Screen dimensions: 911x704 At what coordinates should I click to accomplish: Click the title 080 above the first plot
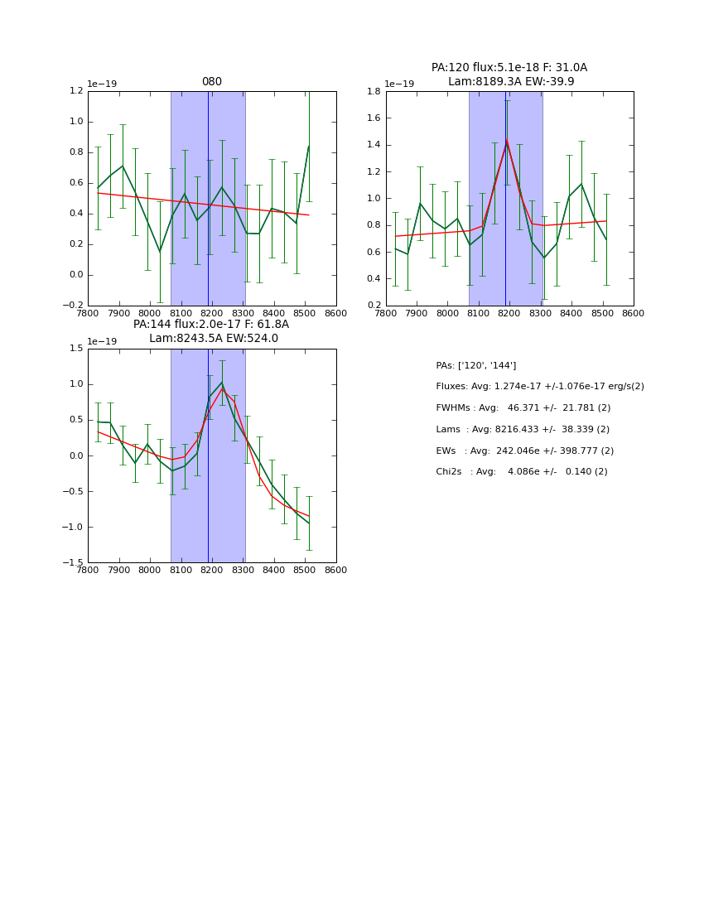[211, 82]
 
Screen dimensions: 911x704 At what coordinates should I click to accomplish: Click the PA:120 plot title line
[509, 68]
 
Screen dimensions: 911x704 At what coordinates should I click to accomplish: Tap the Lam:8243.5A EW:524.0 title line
[213, 339]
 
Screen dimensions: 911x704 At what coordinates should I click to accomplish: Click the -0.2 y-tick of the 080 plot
[73, 306]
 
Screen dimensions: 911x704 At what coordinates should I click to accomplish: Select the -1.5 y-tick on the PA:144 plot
[73, 563]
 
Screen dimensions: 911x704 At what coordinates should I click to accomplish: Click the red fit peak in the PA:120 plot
[506, 141]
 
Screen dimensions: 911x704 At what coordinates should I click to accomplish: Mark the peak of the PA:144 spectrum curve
[221, 383]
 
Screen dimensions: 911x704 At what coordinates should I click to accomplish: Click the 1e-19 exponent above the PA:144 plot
[103, 341]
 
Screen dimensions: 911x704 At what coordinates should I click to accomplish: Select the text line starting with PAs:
[475, 365]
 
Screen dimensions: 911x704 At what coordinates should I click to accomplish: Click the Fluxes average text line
[539, 387]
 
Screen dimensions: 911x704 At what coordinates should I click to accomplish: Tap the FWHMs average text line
[523, 408]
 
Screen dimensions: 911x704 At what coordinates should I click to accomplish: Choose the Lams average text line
[522, 430]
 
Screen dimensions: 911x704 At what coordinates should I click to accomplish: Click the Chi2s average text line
[521, 472]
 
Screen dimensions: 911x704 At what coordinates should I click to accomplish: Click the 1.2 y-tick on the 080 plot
[75, 92]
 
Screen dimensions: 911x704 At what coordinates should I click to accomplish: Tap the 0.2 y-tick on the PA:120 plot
[374, 306]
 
